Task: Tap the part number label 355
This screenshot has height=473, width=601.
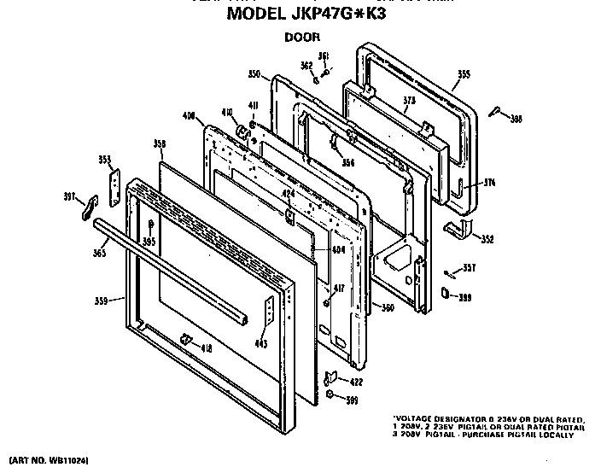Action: [x=463, y=75]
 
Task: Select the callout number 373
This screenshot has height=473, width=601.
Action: [x=409, y=100]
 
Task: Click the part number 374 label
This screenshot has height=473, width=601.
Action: [x=489, y=184]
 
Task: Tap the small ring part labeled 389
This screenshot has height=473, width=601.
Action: [x=446, y=293]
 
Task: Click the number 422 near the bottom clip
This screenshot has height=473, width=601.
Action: [x=357, y=381]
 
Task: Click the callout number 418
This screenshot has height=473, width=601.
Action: [x=206, y=347]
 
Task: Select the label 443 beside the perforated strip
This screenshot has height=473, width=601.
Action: [x=260, y=344]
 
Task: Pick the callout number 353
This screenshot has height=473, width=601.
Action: [x=104, y=159]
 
